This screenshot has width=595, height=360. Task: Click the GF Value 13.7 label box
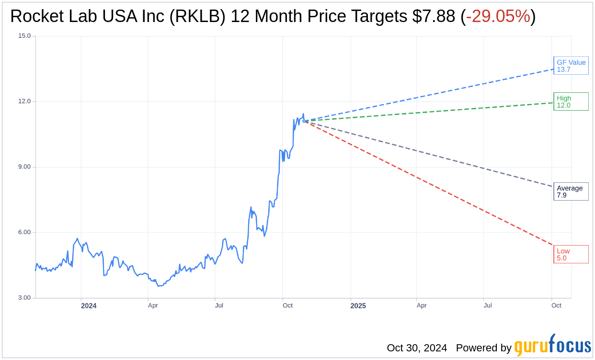(571, 66)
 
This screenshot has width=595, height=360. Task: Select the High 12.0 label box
(571, 101)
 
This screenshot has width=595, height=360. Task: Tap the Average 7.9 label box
(571, 191)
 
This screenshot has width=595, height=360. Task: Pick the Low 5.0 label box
(571, 254)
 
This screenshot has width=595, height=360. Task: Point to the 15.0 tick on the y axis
(24, 36)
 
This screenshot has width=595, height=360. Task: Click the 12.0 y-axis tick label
(24, 101)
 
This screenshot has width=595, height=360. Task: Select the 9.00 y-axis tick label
(24, 167)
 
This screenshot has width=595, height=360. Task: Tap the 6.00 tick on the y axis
(24, 232)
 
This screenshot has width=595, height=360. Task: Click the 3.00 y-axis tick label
(24, 298)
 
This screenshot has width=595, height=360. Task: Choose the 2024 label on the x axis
(89, 306)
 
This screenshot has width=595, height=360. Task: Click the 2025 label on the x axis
(358, 306)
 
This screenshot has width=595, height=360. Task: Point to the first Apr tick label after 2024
(153, 305)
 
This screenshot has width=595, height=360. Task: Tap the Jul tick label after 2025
(488, 305)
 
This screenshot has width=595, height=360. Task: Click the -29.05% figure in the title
(498, 16)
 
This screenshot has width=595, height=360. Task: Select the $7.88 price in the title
(433, 16)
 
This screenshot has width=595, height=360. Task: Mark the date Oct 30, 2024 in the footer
(417, 348)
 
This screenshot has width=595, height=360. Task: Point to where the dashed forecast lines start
(305, 121)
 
